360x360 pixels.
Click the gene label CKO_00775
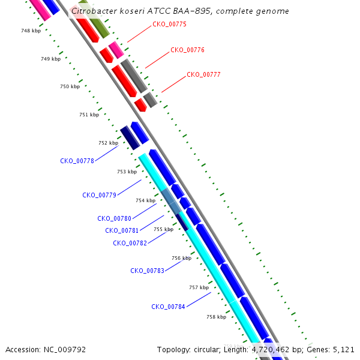click(169, 25)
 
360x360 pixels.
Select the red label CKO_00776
click(187, 50)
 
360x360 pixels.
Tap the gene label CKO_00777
click(203, 74)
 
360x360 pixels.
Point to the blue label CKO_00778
click(77, 161)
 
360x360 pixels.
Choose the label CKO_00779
click(99, 195)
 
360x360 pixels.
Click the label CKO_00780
click(115, 218)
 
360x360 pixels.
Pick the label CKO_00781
click(122, 230)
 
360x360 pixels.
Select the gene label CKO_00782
click(130, 243)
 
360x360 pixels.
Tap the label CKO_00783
click(147, 271)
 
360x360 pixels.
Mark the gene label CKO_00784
click(168, 307)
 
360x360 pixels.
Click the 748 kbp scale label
click(31, 31)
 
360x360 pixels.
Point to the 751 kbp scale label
click(89, 115)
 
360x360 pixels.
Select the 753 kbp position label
click(127, 172)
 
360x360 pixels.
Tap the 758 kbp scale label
click(216, 317)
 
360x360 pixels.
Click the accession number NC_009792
click(65, 350)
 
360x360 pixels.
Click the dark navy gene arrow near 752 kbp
click(130, 138)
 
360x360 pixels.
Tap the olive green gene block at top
click(94, 19)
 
